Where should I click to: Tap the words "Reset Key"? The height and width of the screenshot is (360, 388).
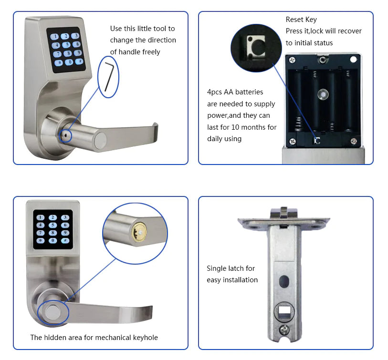coord(301,20)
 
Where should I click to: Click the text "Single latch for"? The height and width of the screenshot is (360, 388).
coord(231,268)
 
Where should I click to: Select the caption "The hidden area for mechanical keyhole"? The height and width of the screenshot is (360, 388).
coord(94,338)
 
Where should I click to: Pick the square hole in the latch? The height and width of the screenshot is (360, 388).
coord(286,312)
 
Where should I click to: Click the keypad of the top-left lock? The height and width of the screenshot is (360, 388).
coord(66,49)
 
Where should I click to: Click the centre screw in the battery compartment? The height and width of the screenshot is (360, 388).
coord(323,95)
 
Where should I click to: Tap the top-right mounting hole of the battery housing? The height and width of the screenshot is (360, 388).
coord(354,59)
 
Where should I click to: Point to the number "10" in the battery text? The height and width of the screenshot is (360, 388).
coord(236,127)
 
